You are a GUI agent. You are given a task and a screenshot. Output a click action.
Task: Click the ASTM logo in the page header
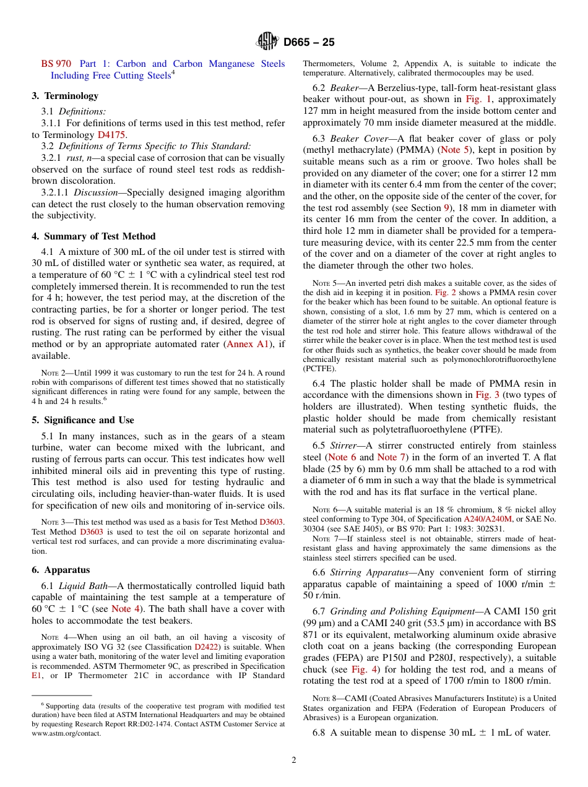268,42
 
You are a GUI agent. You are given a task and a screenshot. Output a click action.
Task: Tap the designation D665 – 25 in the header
309,42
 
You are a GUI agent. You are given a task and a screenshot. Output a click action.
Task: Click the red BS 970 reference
56,64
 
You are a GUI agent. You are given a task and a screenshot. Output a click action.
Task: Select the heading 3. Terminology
65,96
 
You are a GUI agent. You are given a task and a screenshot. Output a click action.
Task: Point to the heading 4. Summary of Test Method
93,236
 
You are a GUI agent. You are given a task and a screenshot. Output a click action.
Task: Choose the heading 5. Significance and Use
83,420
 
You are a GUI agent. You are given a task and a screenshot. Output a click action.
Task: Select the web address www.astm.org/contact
66,733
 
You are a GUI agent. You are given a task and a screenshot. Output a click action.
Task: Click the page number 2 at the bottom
294,760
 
